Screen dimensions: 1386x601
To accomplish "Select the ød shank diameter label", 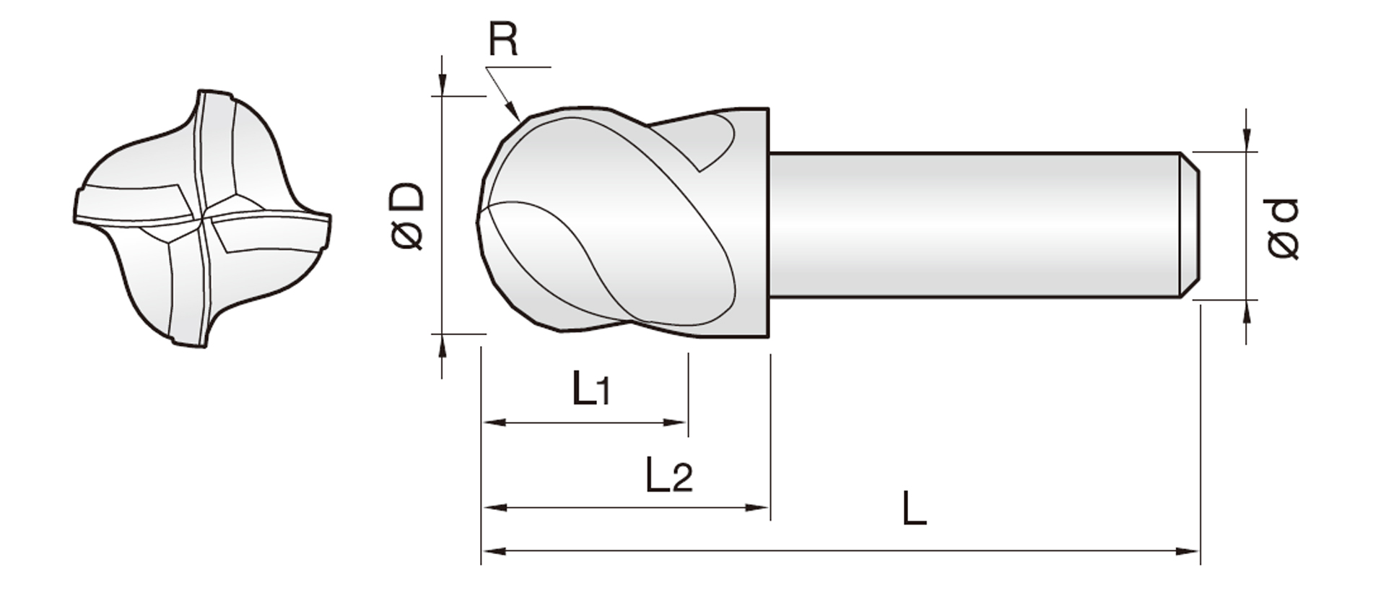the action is click(x=1283, y=228).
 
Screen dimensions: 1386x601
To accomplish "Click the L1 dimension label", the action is click(x=591, y=388).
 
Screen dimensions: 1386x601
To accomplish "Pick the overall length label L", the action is click(x=914, y=508).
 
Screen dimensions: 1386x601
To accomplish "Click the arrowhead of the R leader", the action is click(x=513, y=111).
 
